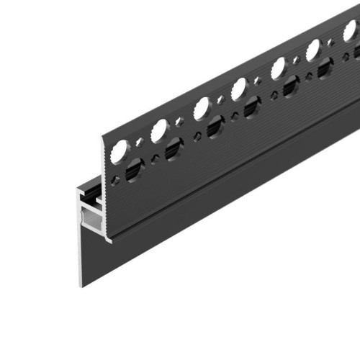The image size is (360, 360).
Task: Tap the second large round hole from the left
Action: [160, 130]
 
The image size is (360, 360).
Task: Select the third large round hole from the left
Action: [202, 109]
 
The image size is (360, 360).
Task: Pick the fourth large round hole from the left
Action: [239, 89]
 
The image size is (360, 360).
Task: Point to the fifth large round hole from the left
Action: [277, 69]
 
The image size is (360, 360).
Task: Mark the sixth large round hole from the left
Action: [314, 50]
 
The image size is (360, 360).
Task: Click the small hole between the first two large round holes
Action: [140, 141]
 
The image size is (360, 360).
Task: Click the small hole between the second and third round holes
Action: [180, 120]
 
